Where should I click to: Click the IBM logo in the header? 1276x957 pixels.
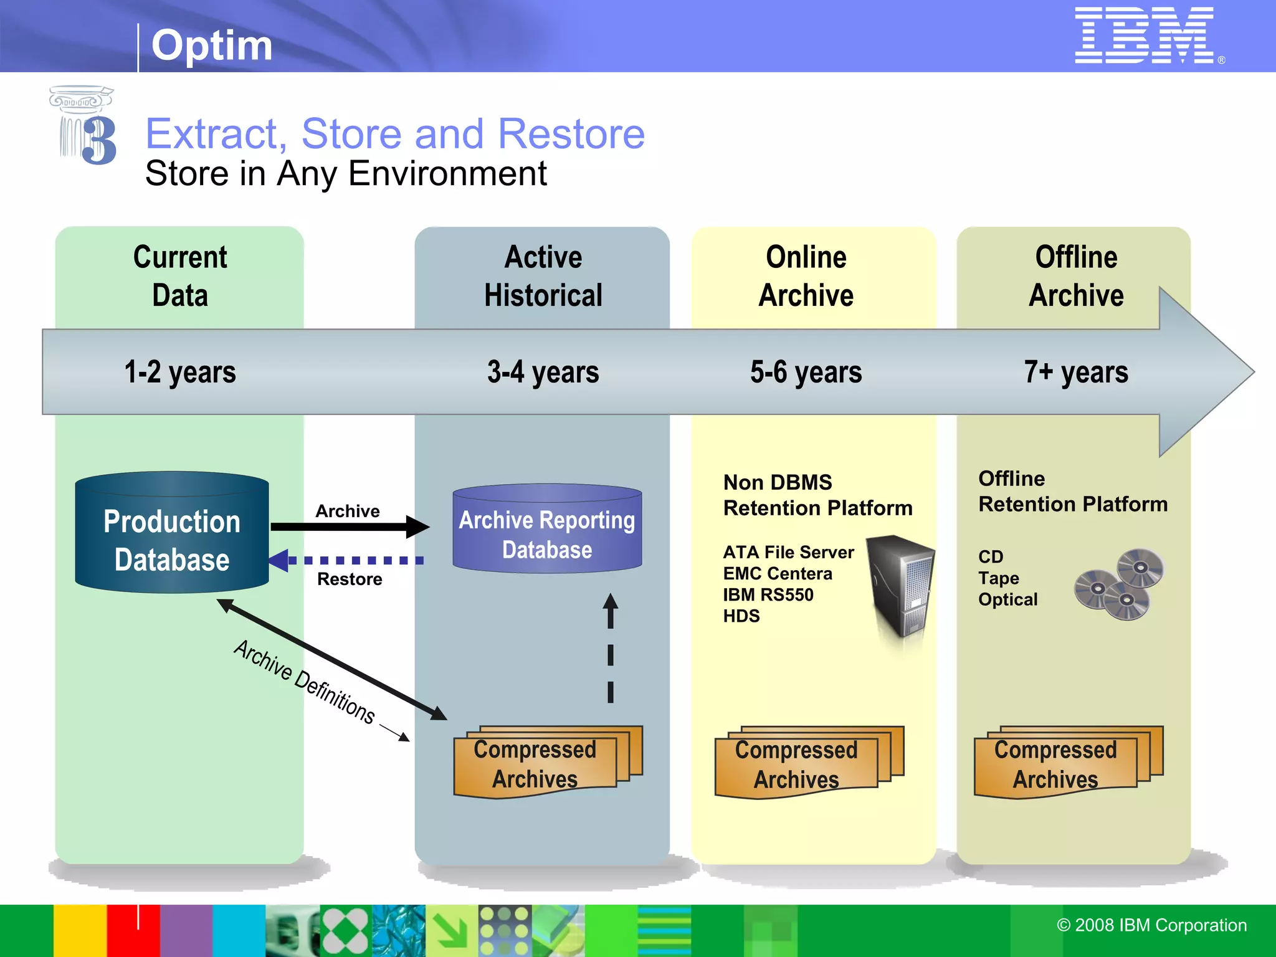(x=1144, y=35)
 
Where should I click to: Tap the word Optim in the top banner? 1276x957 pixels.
(x=212, y=45)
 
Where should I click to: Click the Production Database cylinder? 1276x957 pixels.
(x=172, y=533)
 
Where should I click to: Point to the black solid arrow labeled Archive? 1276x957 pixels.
(x=349, y=527)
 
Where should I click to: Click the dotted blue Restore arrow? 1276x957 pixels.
(x=349, y=561)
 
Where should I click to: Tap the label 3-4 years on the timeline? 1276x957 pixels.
(x=543, y=372)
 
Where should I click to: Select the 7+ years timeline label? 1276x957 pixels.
(x=1076, y=372)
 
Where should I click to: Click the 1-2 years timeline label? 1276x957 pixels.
(x=180, y=372)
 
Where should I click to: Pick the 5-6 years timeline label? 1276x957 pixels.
(x=806, y=372)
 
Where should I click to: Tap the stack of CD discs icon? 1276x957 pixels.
(x=1119, y=584)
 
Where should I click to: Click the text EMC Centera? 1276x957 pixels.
(x=778, y=573)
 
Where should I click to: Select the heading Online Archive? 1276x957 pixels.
(x=806, y=276)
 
